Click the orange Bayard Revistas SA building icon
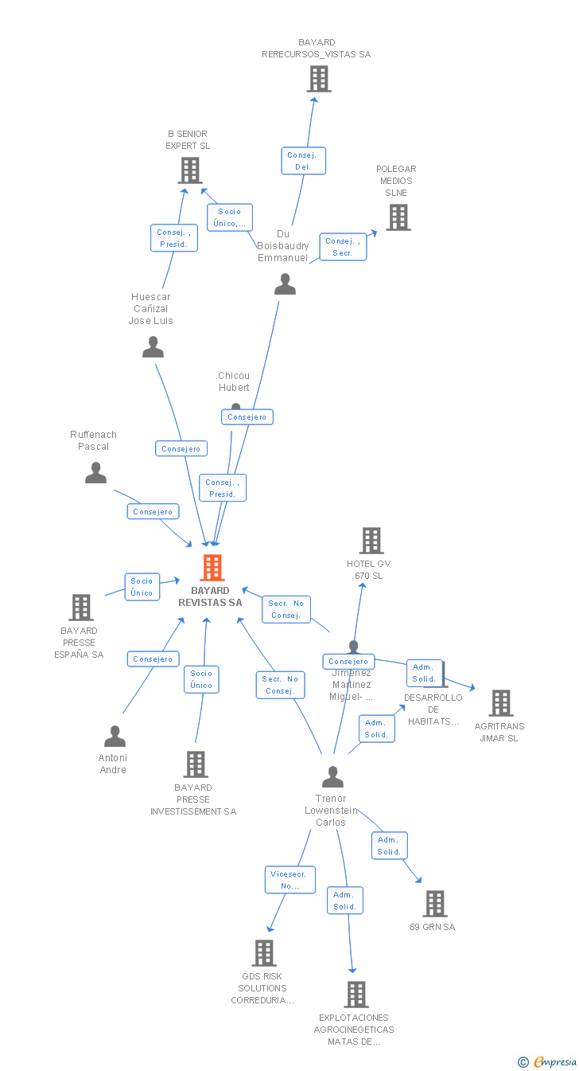212,568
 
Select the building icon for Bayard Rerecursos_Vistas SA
319,79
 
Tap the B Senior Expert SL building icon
189,170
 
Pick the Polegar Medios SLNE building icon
398,217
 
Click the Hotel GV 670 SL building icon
371,541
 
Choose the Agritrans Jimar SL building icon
500,703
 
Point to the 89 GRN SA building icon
434,904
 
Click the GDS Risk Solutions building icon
263,953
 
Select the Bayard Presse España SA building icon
80,608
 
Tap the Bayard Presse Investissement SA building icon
195,764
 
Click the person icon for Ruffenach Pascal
95,473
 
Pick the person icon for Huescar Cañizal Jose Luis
153,347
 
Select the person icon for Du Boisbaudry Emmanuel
285,284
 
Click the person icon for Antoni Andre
115,737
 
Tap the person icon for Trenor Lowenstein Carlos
332,776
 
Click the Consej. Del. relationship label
303,161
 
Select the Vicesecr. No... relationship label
289,880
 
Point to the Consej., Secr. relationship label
343,247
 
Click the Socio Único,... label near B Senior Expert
229,217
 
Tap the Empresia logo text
554,1061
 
